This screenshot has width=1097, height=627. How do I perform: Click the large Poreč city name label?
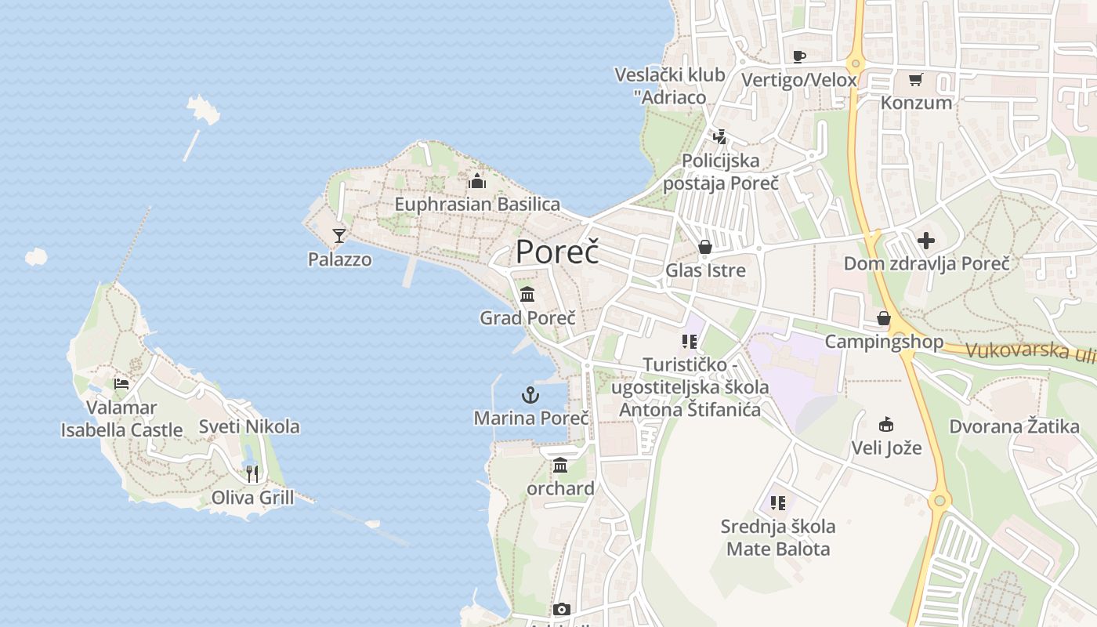pyautogui.click(x=557, y=252)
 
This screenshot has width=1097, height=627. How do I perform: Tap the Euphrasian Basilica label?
pyautogui.click(x=477, y=205)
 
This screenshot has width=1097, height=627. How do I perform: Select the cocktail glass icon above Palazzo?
pyautogui.click(x=339, y=235)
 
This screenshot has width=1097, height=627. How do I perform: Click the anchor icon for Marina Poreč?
pyautogui.click(x=530, y=395)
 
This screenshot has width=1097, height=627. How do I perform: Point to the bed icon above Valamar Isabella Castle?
pyautogui.click(x=121, y=383)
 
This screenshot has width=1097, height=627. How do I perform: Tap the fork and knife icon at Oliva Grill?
pyautogui.click(x=252, y=473)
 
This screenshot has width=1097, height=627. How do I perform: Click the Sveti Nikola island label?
pyautogui.click(x=249, y=426)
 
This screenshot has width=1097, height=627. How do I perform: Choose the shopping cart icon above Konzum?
pyautogui.click(x=916, y=79)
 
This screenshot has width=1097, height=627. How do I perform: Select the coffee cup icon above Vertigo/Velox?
pyautogui.click(x=799, y=56)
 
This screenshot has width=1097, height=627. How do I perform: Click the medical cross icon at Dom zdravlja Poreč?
pyautogui.click(x=926, y=240)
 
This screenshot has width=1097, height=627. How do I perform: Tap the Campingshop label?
pyautogui.click(x=884, y=342)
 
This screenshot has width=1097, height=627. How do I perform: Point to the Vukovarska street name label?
pyautogui.click(x=1030, y=351)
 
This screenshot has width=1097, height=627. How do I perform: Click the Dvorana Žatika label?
pyautogui.click(x=1014, y=427)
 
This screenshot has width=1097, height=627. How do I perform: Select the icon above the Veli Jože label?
pyautogui.click(x=886, y=425)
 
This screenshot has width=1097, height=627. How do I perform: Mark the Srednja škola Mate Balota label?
pyautogui.click(x=777, y=537)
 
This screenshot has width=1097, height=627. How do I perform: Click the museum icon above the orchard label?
pyautogui.click(x=560, y=466)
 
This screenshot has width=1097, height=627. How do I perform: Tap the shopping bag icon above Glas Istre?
pyautogui.click(x=705, y=248)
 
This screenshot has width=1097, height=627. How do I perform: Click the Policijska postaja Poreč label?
pyautogui.click(x=721, y=172)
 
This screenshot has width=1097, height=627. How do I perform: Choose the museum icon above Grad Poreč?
pyautogui.click(x=527, y=295)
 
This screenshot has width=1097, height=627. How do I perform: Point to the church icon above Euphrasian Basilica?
pyautogui.click(x=477, y=182)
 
